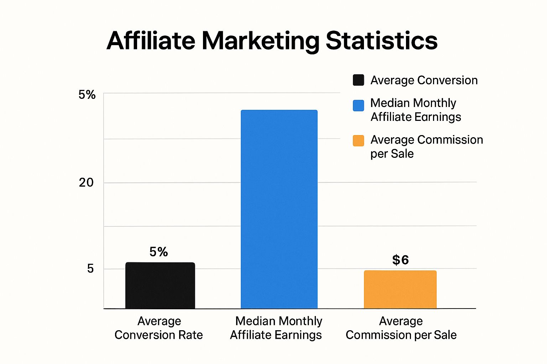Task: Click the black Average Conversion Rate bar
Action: [x=160, y=285]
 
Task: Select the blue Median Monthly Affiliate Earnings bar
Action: [x=279, y=209]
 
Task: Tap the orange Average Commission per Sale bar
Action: [x=400, y=289]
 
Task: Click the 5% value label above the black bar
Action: [x=158, y=252]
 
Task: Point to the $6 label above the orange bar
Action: [x=400, y=260]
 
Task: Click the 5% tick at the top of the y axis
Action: [x=87, y=95]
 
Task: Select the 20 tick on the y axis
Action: [x=86, y=182]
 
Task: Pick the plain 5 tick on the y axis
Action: [x=90, y=268]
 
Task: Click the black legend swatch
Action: [x=358, y=80]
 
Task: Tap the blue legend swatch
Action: [x=358, y=106]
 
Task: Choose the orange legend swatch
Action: [x=358, y=141]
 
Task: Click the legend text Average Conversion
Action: [x=424, y=80]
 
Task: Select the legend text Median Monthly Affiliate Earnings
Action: [x=416, y=110]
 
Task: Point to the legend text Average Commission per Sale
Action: [x=426, y=146]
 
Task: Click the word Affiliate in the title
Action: [x=151, y=40]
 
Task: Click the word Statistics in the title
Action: [x=381, y=40]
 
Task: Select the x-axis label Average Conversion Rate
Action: [x=159, y=328]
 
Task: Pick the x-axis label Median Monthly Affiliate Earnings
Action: [x=276, y=328]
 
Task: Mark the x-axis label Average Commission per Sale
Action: [x=401, y=328]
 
